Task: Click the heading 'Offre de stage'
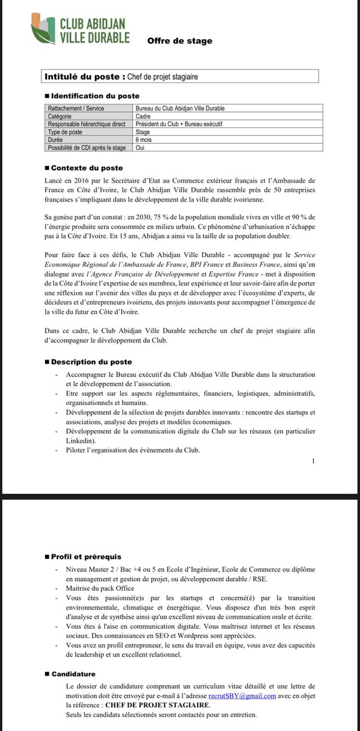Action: click(180, 41)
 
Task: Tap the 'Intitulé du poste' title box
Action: click(181, 77)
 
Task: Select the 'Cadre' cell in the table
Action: click(144, 116)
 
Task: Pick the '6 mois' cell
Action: click(144, 139)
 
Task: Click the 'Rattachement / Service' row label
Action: click(76, 108)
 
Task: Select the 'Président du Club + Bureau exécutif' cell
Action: click(180, 124)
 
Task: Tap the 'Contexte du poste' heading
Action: click(86, 168)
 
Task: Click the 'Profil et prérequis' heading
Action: click(86, 557)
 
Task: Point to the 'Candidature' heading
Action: click(73, 674)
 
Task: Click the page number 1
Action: click(313, 461)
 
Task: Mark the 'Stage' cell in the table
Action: click(144, 132)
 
